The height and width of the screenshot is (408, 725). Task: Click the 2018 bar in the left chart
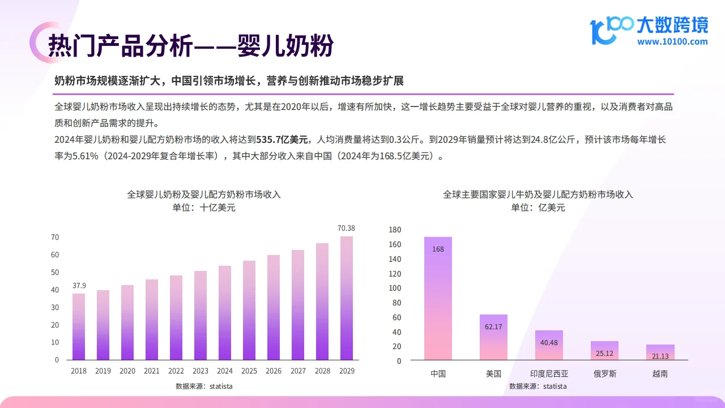click(79, 326)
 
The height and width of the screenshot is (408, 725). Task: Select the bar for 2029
click(346, 298)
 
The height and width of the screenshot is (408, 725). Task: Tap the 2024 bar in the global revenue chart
click(225, 313)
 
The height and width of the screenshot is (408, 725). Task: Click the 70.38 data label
click(346, 228)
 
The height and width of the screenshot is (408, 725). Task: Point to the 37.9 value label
click(79, 286)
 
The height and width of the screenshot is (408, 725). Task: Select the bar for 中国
click(438, 299)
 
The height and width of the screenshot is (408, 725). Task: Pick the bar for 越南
click(660, 352)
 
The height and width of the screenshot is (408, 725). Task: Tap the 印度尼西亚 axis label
click(549, 374)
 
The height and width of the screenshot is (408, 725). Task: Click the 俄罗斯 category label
click(604, 374)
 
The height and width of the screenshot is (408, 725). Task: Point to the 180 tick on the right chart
click(395, 230)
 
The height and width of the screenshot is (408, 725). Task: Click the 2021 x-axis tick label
click(152, 371)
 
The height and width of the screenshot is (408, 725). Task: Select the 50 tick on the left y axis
click(55, 273)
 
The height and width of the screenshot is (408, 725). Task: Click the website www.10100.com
click(672, 41)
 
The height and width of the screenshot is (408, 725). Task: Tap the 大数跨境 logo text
click(672, 25)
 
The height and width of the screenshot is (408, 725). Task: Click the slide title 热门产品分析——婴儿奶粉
click(190, 45)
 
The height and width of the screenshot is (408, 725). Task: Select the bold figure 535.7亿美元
click(282, 139)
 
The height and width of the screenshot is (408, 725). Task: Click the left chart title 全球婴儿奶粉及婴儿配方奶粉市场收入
click(204, 194)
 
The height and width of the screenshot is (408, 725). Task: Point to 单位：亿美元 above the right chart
click(538, 208)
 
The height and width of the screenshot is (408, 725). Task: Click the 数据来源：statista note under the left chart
click(204, 386)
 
